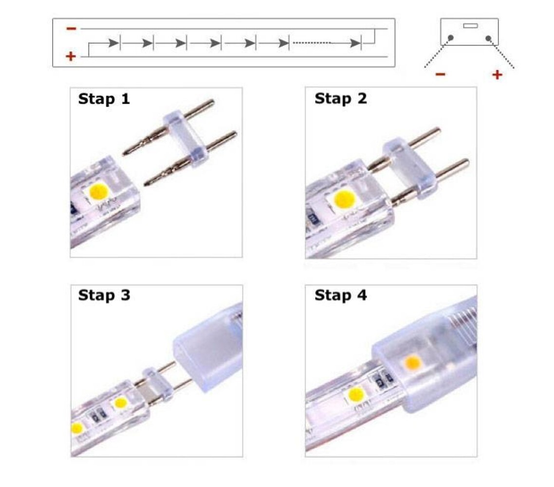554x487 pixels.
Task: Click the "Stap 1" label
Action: click(104, 99)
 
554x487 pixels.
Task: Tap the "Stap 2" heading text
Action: click(340, 99)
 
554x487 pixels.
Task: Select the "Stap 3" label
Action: click(104, 295)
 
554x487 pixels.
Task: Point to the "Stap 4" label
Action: click(340, 295)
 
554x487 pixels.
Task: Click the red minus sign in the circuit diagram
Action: click(71, 29)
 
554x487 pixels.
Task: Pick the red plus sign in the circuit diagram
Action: click(71, 56)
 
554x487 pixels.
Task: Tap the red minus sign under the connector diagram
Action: click(440, 75)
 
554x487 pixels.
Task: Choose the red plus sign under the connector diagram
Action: click(497, 75)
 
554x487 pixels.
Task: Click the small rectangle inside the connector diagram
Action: click(470, 25)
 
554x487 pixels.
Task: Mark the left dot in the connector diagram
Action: click(451, 37)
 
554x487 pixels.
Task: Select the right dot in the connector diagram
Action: click(488, 37)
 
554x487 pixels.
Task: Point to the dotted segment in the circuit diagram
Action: click(312, 43)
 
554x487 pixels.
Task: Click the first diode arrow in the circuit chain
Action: click(114, 43)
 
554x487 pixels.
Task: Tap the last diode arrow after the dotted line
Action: click(355, 43)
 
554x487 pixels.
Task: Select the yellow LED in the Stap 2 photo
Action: click(344, 199)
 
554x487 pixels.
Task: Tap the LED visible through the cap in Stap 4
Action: click(413, 362)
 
